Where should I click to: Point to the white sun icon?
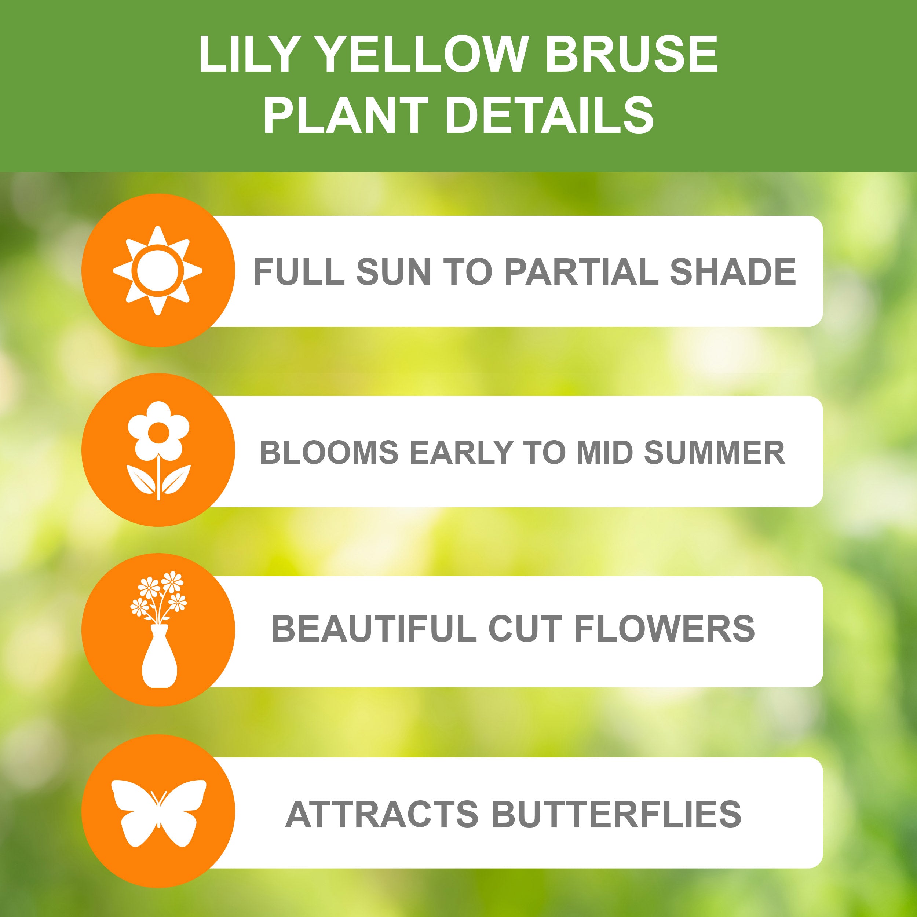[x=158, y=271]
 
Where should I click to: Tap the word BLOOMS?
[x=329, y=452]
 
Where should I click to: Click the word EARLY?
[x=461, y=452]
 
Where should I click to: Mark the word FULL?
[x=299, y=271]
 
